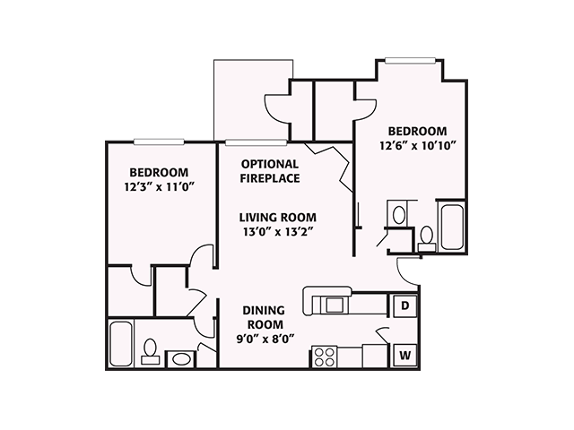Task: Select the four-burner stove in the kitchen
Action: tap(324, 356)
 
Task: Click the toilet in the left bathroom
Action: tap(151, 348)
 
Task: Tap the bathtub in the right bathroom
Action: tap(449, 227)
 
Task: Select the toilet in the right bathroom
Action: tap(426, 237)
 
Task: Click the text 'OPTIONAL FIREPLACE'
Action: tap(270, 171)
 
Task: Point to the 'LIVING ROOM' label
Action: tap(277, 217)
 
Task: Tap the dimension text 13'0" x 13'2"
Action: tap(277, 232)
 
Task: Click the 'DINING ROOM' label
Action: tap(264, 317)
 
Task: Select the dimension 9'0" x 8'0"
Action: tap(264, 339)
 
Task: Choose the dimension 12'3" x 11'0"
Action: tap(159, 186)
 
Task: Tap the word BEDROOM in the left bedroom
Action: tap(159, 172)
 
